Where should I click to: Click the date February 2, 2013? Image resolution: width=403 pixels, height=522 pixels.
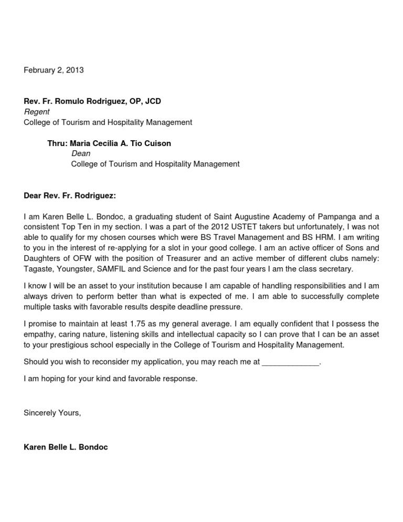(54, 70)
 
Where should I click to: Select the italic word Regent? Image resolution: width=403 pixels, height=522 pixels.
(37, 111)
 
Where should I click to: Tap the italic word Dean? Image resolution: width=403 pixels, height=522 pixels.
(80, 153)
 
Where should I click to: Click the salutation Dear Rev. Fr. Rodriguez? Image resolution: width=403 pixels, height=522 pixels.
(70, 195)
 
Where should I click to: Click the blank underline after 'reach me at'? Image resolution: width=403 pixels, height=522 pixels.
(290, 362)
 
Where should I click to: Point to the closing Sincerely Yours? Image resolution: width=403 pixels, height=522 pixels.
(52, 413)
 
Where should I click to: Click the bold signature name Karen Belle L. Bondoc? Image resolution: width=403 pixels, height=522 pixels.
(66, 447)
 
